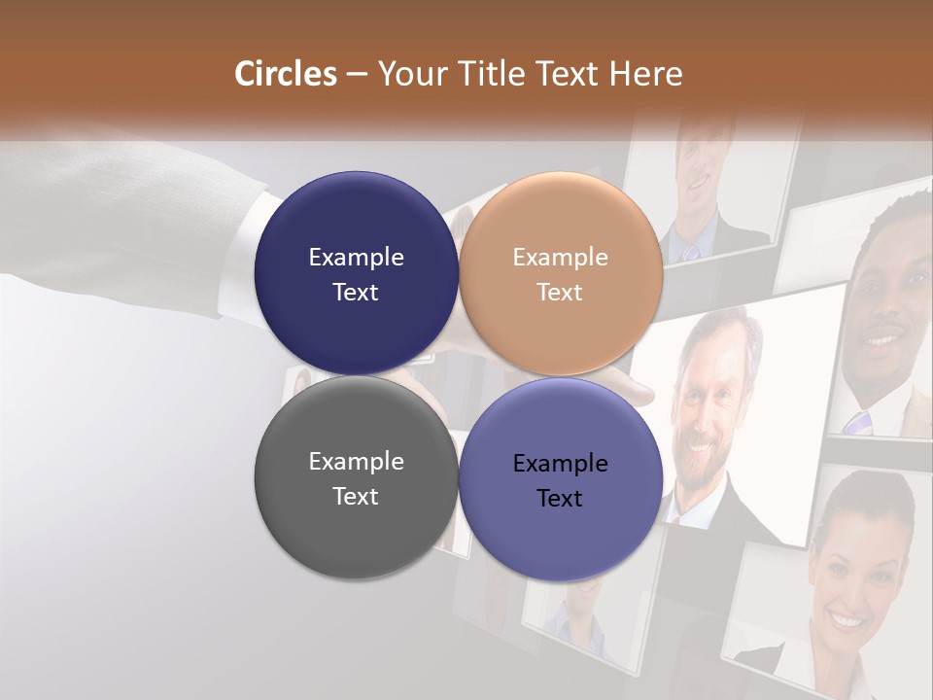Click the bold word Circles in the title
(286, 74)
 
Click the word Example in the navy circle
(356, 258)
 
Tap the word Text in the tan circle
(560, 293)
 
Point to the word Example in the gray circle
(356, 462)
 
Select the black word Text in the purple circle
(560, 499)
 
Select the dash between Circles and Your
(357, 75)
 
